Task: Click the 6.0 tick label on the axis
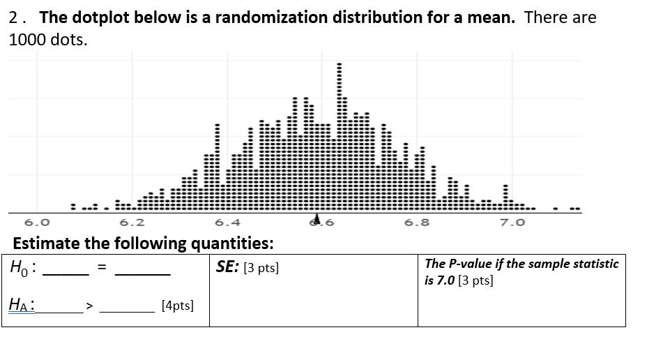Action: click(37, 223)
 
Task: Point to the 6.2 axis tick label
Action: click(132, 223)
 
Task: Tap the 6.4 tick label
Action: click(227, 223)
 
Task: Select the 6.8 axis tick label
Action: click(417, 223)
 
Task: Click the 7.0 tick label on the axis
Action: click(512, 223)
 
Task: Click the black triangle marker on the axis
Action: click(317, 218)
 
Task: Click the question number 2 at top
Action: click(14, 18)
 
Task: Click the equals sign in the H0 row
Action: click(102, 268)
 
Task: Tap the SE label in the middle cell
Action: click(227, 267)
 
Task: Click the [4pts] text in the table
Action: click(177, 306)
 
